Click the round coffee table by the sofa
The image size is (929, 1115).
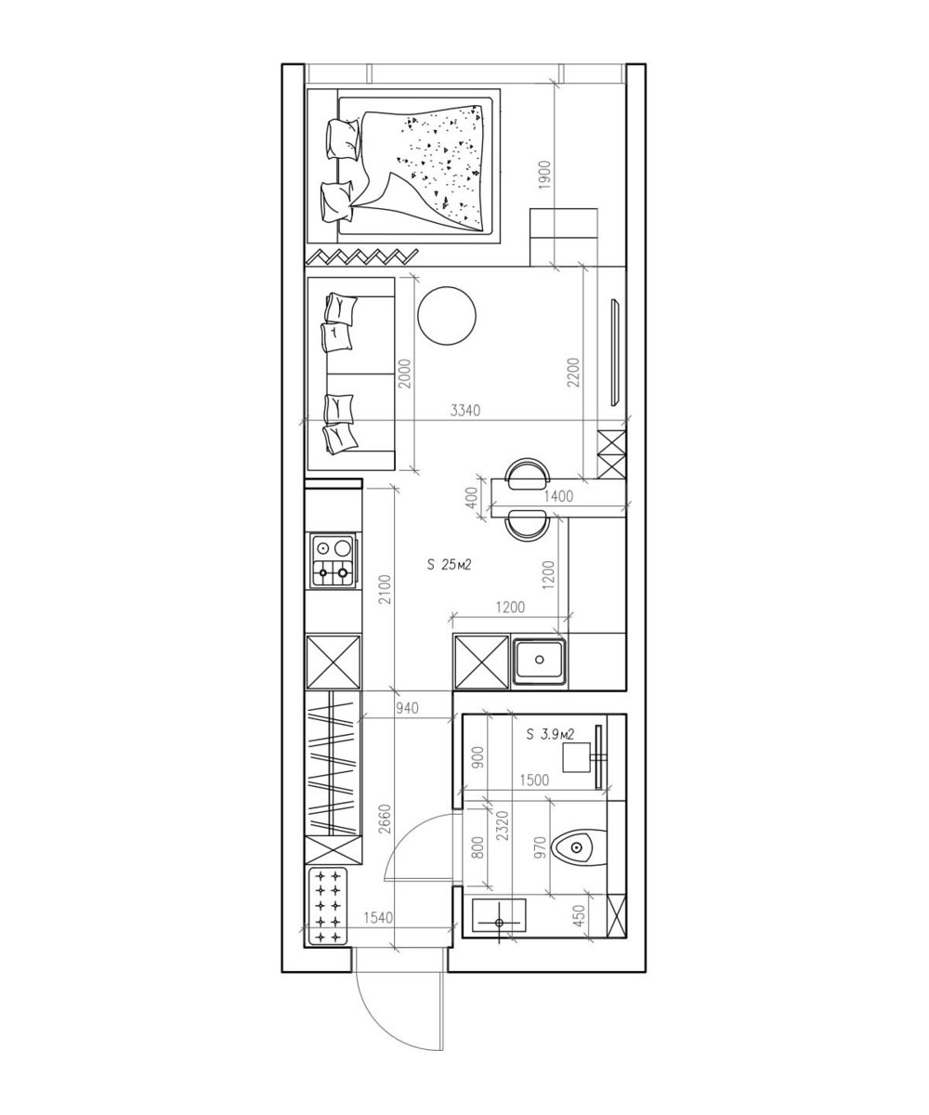pyautogui.click(x=446, y=316)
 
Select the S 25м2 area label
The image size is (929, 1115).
pyautogui.click(x=449, y=564)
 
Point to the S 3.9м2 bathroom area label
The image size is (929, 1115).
pyautogui.click(x=550, y=734)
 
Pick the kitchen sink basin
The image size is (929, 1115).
pyautogui.click(x=539, y=660)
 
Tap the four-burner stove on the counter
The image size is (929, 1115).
pyautogui.click(x=334, y=560)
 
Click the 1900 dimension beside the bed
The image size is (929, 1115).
pyautogui.click(x=544, y=176)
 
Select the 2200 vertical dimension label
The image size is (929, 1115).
pyautogui.click(x=573, y=373)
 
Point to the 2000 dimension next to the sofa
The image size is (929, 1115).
pyautogui.click(x=405, y=374)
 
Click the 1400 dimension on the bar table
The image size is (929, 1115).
pyautogui.click(x=558, y=496)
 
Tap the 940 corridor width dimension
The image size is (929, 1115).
pyautogui.click(x=407, y=708)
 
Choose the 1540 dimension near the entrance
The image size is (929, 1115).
pyautogui.click(x=378, y=917)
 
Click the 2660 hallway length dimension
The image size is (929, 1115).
pyautogui.click(x=385, y=820)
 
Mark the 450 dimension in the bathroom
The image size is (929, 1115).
pyautogui.click(x=579, y=915)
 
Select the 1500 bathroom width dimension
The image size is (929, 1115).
pyautogui.click(x=534, y=780)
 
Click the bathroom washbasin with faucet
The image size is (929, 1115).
pyautogui.click(x=499, y=917)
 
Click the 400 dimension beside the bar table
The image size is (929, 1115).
pyautogui.click(x=471, y=498)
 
